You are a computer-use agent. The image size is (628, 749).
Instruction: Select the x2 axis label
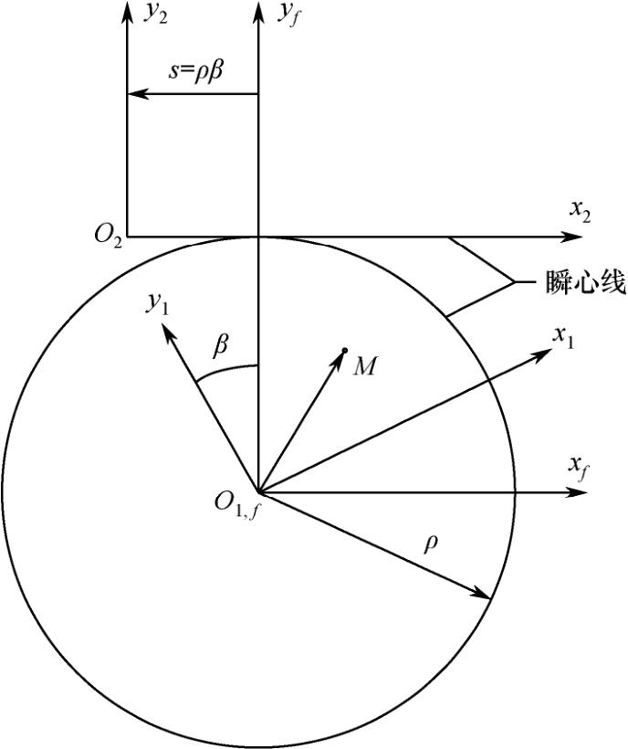[581, 209]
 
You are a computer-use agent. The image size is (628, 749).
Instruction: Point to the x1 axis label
[563, 335]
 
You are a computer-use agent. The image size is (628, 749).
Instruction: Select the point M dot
[344, 351]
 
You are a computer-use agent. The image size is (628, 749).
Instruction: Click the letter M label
[365, 366]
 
